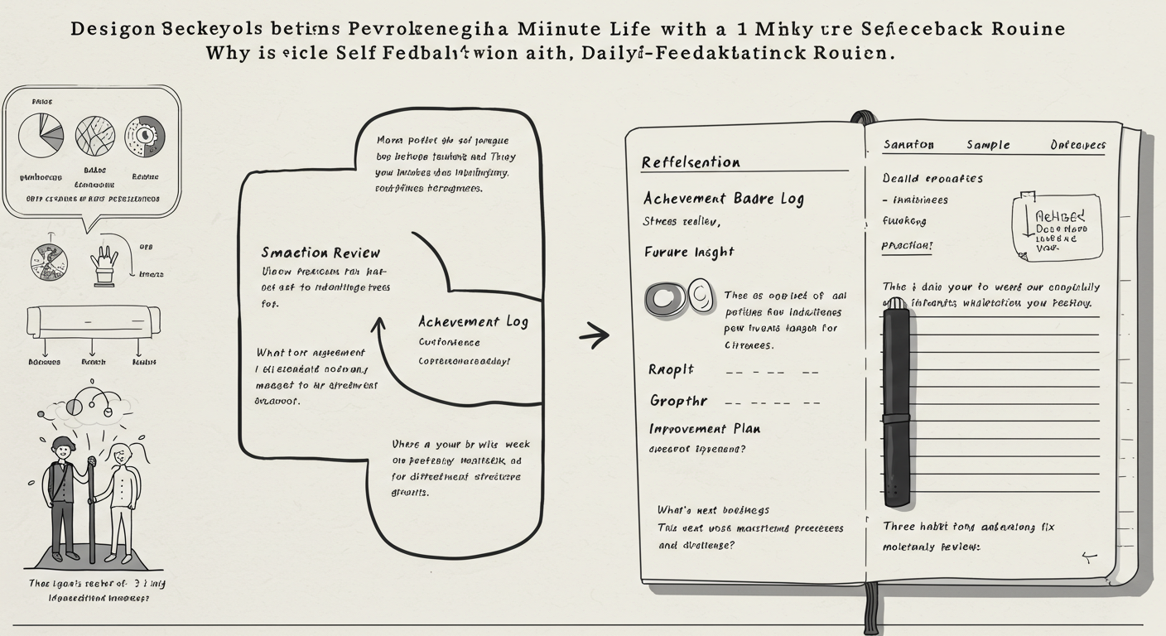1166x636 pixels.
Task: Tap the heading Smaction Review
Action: point(320,253)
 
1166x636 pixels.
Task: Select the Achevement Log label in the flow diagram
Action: point(473,321)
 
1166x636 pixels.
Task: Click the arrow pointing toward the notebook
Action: point(594,335)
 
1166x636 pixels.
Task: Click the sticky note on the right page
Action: point(1058,225)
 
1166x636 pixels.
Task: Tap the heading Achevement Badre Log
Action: point(723,199)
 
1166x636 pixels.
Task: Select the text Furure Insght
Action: point(689,252)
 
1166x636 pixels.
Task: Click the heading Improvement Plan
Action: point(705,429)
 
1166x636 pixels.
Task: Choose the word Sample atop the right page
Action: point(988,145)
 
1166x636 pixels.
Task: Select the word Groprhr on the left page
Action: point(678,401)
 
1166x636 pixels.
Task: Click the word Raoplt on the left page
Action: point(671,370)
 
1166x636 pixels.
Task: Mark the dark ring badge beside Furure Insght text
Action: point(665,299)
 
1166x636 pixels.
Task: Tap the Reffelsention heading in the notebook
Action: point(691,162)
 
